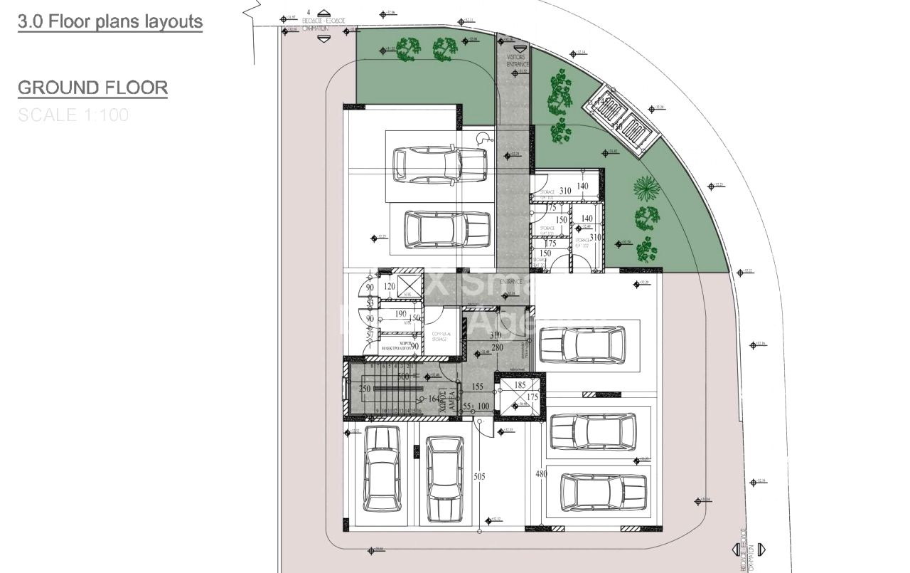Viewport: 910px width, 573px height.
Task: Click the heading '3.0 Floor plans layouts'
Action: click(x=110, y=21)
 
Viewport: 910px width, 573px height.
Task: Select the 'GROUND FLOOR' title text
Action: click(x=92, y=88)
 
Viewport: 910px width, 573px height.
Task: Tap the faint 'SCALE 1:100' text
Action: click(x=73, y=115)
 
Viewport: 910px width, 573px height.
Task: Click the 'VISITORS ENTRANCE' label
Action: click(x=517, y=61)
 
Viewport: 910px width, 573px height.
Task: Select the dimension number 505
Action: click(x=478, y=477)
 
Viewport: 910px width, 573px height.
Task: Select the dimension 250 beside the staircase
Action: click(x=365, y=389)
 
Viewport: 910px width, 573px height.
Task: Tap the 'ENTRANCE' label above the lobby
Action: click(x=510, y=282)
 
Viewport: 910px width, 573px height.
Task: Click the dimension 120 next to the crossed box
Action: click(x=389, y=287)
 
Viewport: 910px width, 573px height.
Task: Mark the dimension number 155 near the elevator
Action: click(x=477, y=387)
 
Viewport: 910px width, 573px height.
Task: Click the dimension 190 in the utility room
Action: click(x=400, y=314)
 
